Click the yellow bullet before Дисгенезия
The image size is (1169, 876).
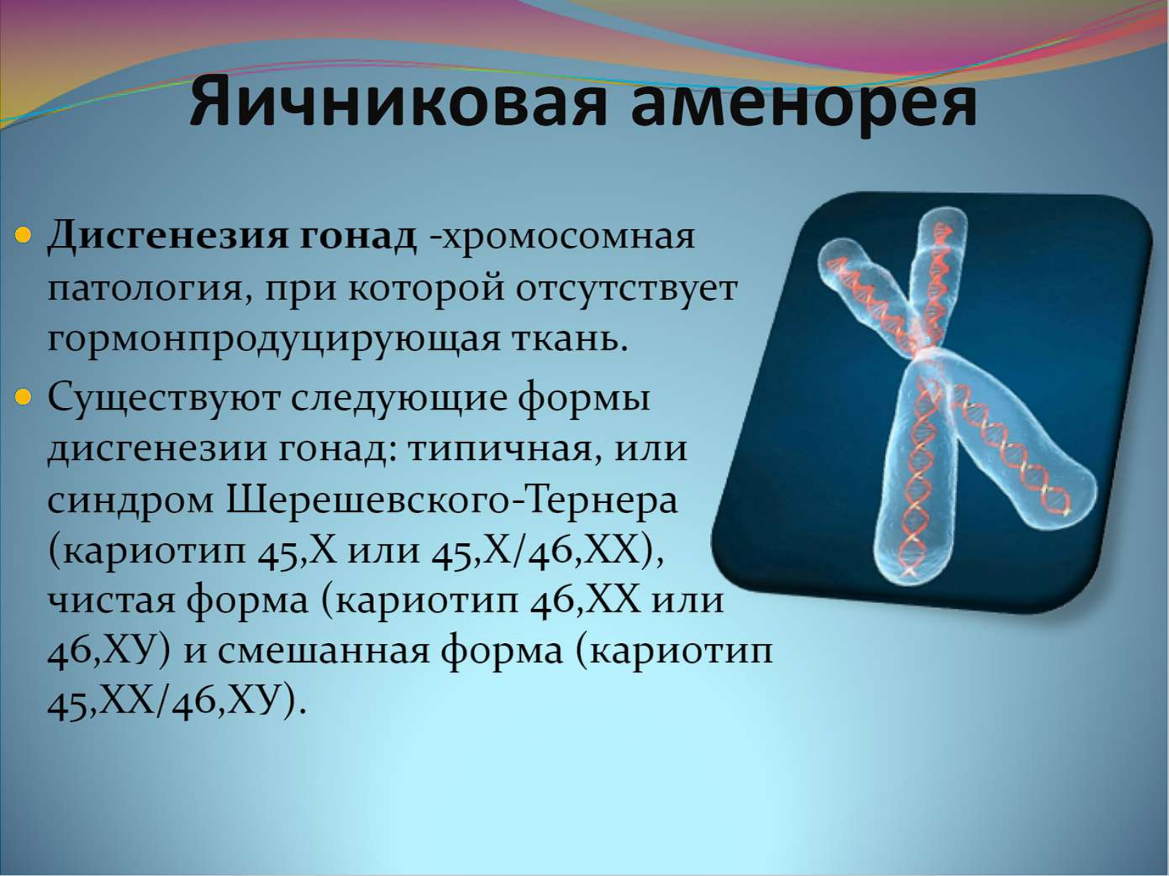point(24,234)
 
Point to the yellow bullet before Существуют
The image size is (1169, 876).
point(24,397)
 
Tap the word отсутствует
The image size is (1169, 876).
point(627,291)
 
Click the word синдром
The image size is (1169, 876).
point(131,502)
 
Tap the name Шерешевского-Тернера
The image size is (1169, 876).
point(452,501)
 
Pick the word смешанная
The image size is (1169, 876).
point(323,653)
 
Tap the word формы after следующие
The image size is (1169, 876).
point(584,399)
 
